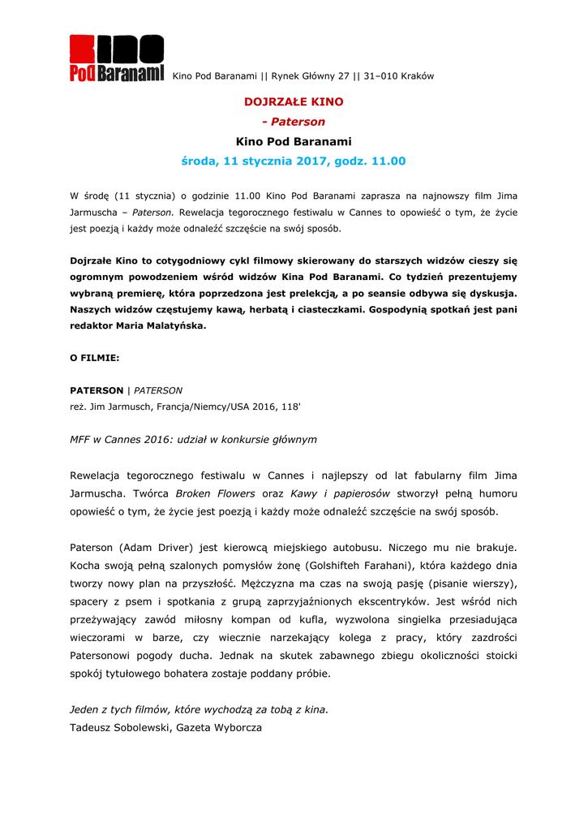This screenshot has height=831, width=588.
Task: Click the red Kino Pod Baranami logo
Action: pyautogui.click(x=116, y=58)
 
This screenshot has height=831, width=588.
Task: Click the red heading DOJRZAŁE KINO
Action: pyautogui.click(x=294, y=102)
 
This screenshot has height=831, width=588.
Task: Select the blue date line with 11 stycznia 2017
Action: pyautogui.click(x=294, y=161)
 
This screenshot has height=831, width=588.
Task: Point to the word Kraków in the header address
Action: pyautogui.click(x=418, y=76)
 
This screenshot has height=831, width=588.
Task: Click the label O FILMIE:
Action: pyautogui.click(x=94, y=357)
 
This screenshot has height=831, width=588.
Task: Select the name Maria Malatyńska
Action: pyautogui.click(x=165, y=326)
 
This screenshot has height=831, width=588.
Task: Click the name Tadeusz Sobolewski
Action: pyautogui.click(x=119, y=728)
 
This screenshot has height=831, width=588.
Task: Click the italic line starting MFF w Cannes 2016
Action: pyautogui.click(x=193, y=439)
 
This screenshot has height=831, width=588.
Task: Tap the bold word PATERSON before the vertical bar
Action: pyautogui.click(x=97, y=390)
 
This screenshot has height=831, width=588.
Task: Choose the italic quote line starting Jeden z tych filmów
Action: pyautogui.click(x=200, y=709)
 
